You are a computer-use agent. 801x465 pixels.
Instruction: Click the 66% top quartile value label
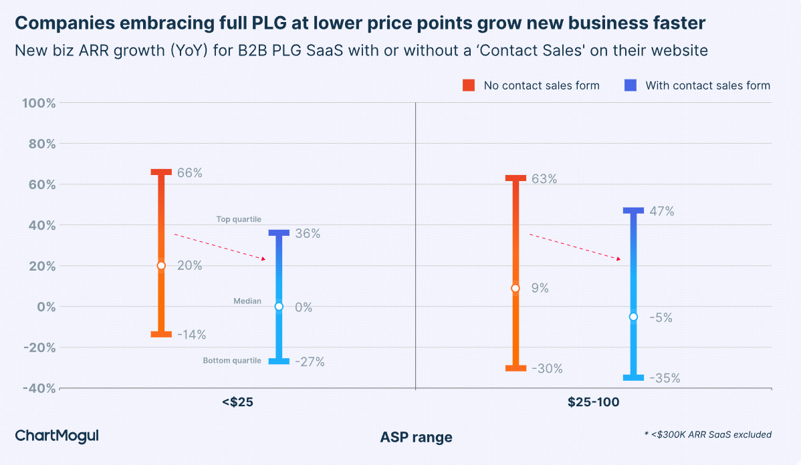(x=189, y=173)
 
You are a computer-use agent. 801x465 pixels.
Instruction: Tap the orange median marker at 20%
(x=161, y=265)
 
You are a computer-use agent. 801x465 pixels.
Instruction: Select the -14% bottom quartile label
(x=191, y=335)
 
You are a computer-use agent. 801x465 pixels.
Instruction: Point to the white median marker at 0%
(x=279, y=307)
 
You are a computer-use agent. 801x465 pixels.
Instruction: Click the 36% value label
(x=308, y=234)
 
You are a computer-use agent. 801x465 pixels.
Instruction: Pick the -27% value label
(x=310, y=362)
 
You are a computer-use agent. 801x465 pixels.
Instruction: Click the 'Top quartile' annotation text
(x=239, y=219)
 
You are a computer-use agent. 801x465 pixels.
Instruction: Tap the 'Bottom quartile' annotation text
(x=232, y=361)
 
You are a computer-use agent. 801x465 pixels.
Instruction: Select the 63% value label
(x=544, y=179)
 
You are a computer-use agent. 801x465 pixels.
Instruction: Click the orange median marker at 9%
(x=515, y=288)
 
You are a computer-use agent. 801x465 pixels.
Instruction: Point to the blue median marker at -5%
(x=633, y=317)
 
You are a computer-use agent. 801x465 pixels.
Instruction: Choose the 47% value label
(x=661, y=211)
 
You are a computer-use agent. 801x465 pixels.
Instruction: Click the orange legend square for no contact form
(x=469, y=86)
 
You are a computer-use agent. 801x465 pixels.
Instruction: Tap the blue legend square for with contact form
(x=630, y=86)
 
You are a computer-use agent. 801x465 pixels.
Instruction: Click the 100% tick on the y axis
(x=39, y=104)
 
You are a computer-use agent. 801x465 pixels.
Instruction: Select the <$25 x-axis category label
(x=237, y=403)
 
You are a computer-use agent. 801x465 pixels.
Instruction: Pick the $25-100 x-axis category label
(x=593, y=403)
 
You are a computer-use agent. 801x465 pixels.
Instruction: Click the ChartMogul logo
(x=57, y=436)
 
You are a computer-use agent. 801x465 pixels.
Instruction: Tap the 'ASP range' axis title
(x=416, y=438)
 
